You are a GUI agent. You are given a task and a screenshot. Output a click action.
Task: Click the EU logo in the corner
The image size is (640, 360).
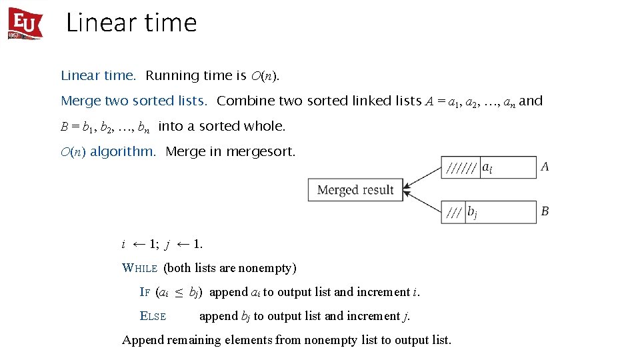click(25, 23)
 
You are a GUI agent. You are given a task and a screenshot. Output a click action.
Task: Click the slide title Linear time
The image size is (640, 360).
click(131, 23)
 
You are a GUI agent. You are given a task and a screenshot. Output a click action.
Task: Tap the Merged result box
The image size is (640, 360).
click(355, 190)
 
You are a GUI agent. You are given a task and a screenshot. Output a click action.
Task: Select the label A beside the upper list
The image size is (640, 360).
click(545, 167)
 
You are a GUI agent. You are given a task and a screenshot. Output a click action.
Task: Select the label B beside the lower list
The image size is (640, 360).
click(545, 211)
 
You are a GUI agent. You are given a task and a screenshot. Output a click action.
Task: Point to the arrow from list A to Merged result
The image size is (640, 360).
click(423, 177)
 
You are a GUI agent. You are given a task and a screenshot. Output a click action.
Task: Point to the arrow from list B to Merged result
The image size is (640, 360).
click(423, 202)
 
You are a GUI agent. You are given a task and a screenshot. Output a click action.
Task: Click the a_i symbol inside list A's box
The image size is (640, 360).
click(487, 168)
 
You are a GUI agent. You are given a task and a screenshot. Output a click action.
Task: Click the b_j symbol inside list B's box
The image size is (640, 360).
click(472, 213)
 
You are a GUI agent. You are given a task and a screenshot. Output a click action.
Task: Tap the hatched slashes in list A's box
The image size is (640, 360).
click(460, 168)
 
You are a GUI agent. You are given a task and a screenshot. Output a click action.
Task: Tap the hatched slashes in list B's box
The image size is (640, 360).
click(454, 213)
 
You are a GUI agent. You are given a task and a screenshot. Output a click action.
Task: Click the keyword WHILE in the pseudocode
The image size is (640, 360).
click(139, 268)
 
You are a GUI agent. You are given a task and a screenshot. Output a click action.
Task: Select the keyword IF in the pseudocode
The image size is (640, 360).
click(145, 292)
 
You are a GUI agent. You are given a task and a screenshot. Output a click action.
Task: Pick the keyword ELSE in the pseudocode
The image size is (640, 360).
click(153, 316)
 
